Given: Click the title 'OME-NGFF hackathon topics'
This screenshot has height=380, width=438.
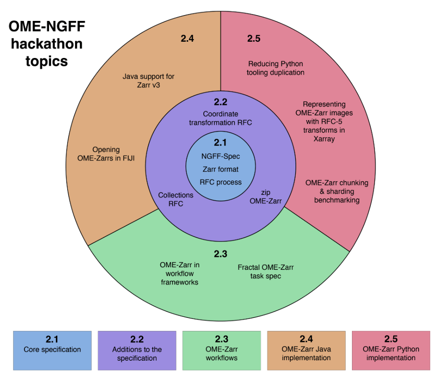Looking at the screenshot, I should (46, 44).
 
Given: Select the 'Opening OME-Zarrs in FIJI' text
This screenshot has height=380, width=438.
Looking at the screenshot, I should (113, 153).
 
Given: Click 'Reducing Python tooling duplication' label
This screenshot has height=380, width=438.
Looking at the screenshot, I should (276, 68).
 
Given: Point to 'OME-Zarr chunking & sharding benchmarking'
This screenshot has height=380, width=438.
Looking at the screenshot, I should (337, 191).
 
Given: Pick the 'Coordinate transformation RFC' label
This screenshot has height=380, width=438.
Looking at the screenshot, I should (221, 118).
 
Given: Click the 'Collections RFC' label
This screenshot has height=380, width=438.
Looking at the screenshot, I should (176, 199).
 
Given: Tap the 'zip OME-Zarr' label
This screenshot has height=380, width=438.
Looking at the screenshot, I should (266, 196).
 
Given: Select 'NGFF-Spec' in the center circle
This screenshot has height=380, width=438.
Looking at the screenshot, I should (221, 156).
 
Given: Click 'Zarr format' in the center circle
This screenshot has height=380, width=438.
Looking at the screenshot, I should (221, 169).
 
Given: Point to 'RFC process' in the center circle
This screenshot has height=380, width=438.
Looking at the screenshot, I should (221, 182).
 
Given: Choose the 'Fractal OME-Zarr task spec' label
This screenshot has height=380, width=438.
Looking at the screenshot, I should (266, 271).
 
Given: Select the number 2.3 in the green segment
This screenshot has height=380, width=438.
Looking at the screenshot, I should (221, 254).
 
